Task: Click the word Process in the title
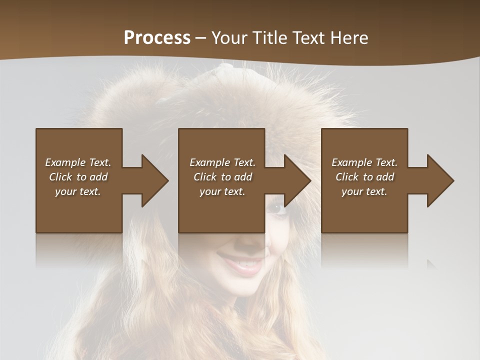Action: pos(157,38)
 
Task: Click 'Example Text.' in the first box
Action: pos(78,162)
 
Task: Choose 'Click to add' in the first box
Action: pos(78,177)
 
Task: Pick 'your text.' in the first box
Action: pos(78,191)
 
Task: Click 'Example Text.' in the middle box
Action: pos(222,162)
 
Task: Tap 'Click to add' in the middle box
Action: pos(222,177)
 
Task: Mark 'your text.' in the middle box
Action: pos(222,191)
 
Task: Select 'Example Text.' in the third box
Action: pos(364,162)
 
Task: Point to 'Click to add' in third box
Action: pos(364,177)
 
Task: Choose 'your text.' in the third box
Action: pos(364,191)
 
